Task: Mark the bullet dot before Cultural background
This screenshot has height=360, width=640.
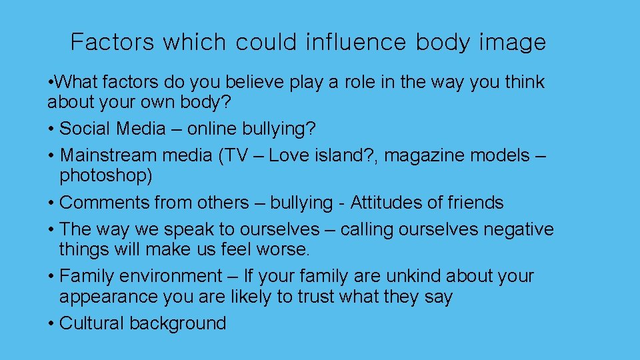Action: click(x=51, y=324)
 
